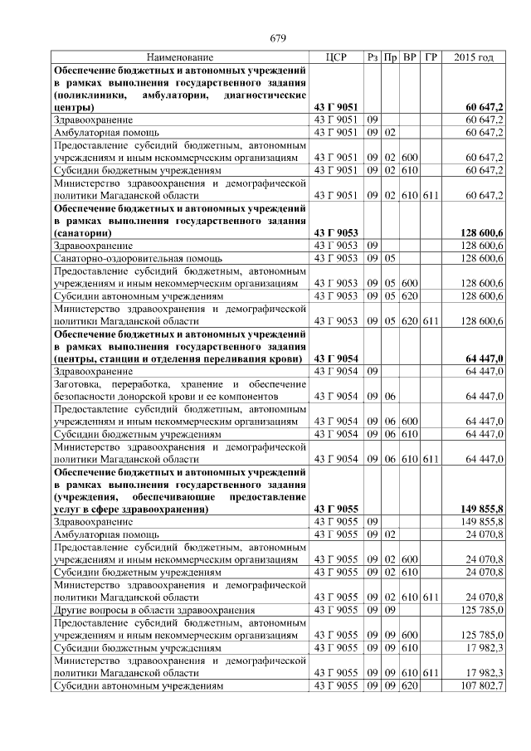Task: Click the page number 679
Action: click(x=278, y=38)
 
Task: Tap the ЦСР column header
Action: click(x=336, y=58)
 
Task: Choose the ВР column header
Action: click(x=410, y=58)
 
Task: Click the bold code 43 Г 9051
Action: click(x=336, y=108)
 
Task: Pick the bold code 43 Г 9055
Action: click(x=336, y=509)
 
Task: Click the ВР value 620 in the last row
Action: click(x=410, y=687)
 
